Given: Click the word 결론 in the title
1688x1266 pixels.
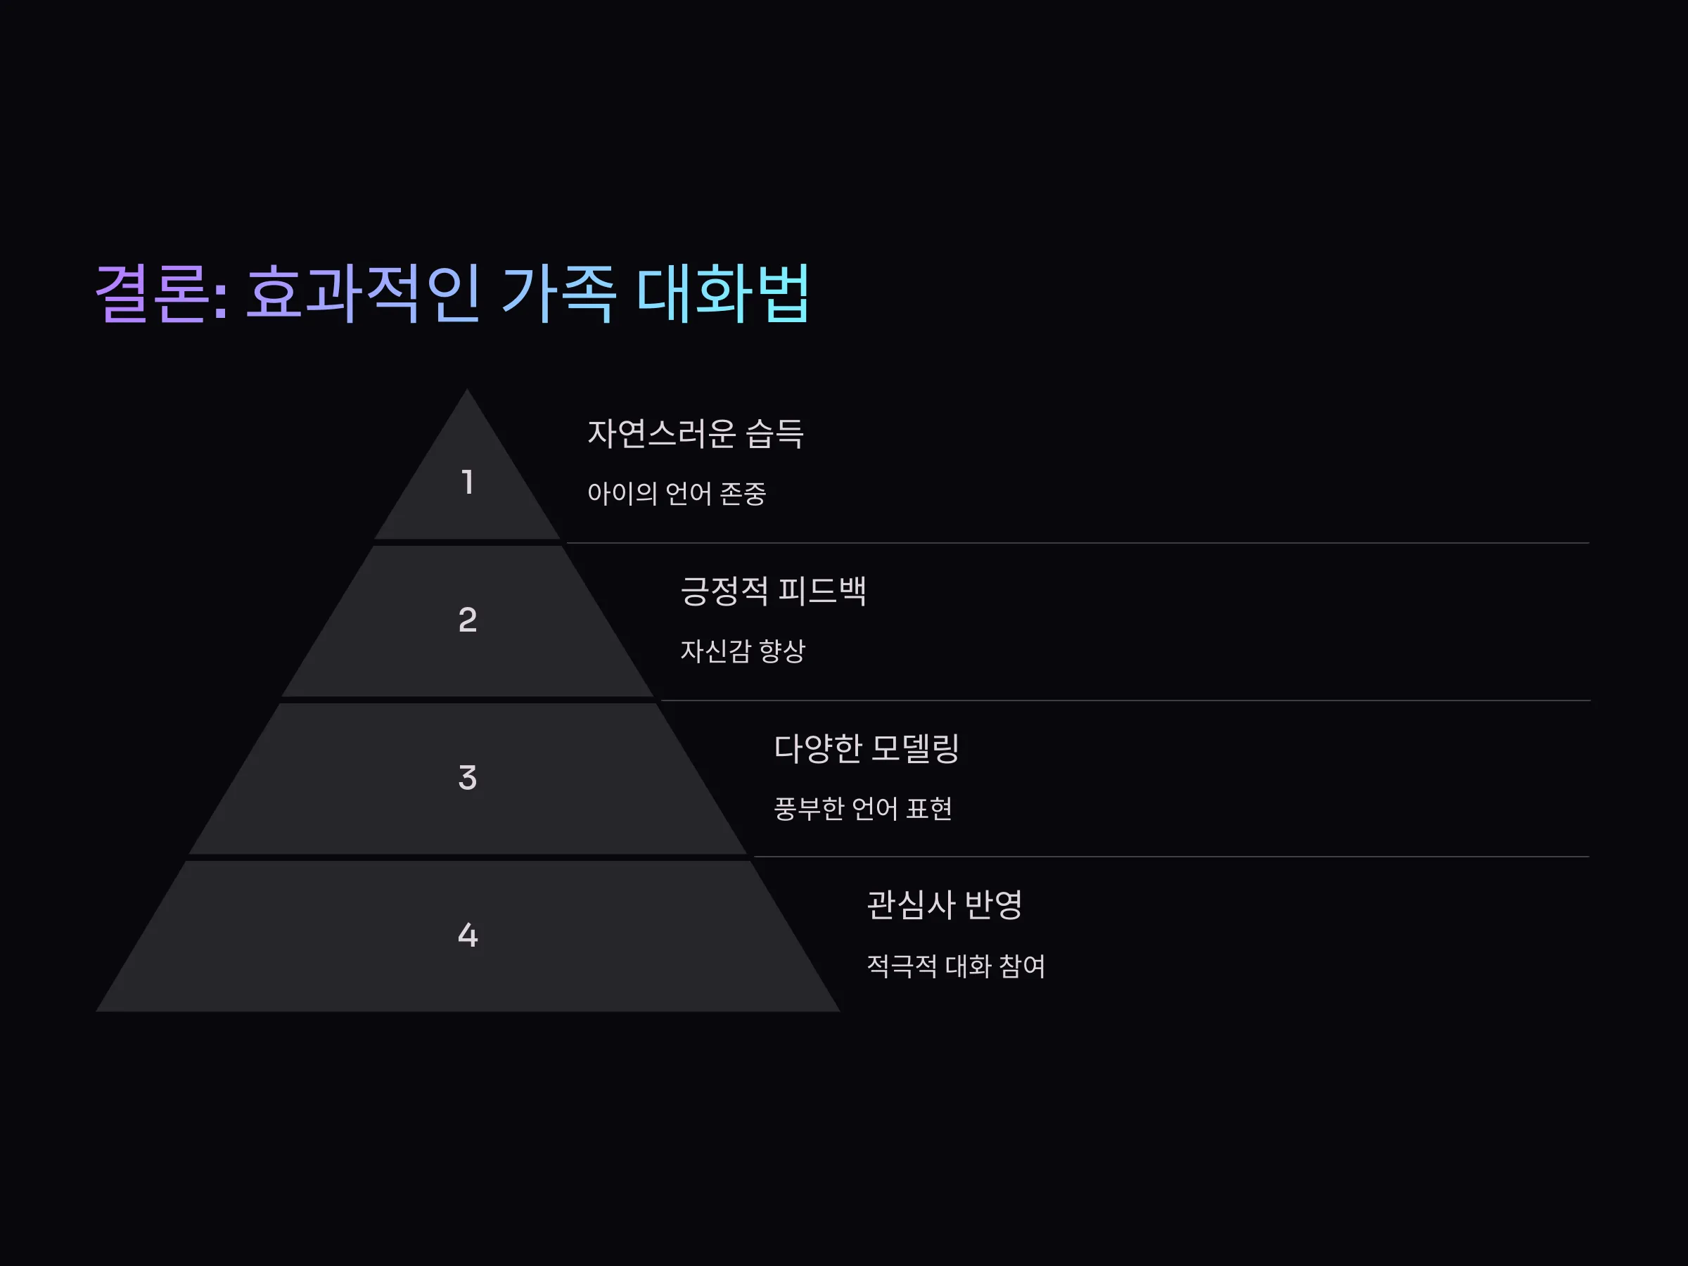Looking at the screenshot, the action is (x=151, y=293).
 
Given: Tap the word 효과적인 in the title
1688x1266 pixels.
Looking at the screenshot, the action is (x=362, y=293).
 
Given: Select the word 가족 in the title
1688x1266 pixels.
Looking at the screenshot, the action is (x=558, y=293).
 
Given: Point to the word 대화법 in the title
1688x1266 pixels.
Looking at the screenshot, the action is (x=722, y=293).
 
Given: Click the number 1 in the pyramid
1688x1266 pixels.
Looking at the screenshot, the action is (x=468, y=482).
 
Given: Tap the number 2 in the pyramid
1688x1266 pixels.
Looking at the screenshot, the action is (x=468, y=620).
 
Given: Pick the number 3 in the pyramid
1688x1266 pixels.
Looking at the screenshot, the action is (x=468, y=778).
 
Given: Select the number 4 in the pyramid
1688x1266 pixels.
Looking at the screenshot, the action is (x=468, y=935).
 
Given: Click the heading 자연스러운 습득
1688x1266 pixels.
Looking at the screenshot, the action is (x=695, y=433).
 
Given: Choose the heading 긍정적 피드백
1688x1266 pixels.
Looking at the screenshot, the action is (x=773, y=591).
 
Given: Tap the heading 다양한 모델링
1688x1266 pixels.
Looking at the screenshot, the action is (x=866, y=748).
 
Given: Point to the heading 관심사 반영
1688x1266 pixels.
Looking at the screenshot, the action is (x=944, y=905).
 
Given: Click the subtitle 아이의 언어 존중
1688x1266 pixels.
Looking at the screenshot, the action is (x=676, y=494).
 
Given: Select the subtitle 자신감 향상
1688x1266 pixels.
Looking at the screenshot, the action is (x=743, y=651).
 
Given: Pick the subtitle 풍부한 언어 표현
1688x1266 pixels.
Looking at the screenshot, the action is (x=862, y=809).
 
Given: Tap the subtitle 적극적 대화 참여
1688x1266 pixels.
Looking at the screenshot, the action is (x=955, y=966).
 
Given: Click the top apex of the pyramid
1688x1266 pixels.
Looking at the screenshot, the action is (x=467, y=389).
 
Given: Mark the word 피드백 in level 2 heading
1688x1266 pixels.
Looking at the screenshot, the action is (x=822, y=591).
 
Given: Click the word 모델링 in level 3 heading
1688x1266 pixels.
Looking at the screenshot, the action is (x=915, y=748).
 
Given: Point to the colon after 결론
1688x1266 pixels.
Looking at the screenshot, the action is (x=221, y=300).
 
